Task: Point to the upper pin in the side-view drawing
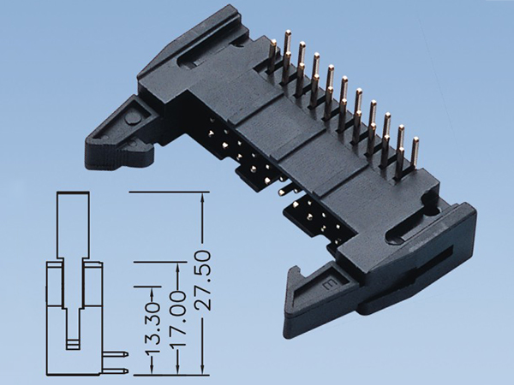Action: [x=118, y=352]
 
